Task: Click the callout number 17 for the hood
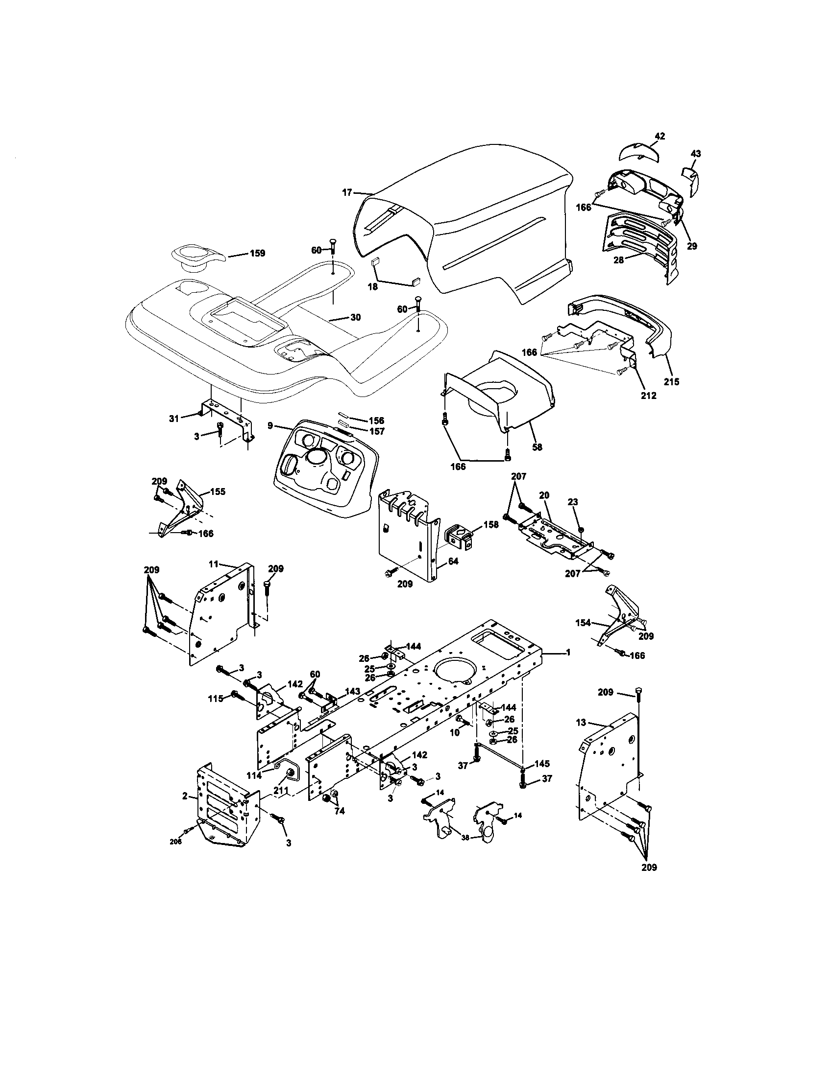pos(347,192)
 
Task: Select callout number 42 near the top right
pos(660,136)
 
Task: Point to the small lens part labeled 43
pos(689,182)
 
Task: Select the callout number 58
pos(538,447)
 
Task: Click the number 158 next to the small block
pos(491,524)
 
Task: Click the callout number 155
pos(218,491)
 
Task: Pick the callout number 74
pos(339,811)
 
